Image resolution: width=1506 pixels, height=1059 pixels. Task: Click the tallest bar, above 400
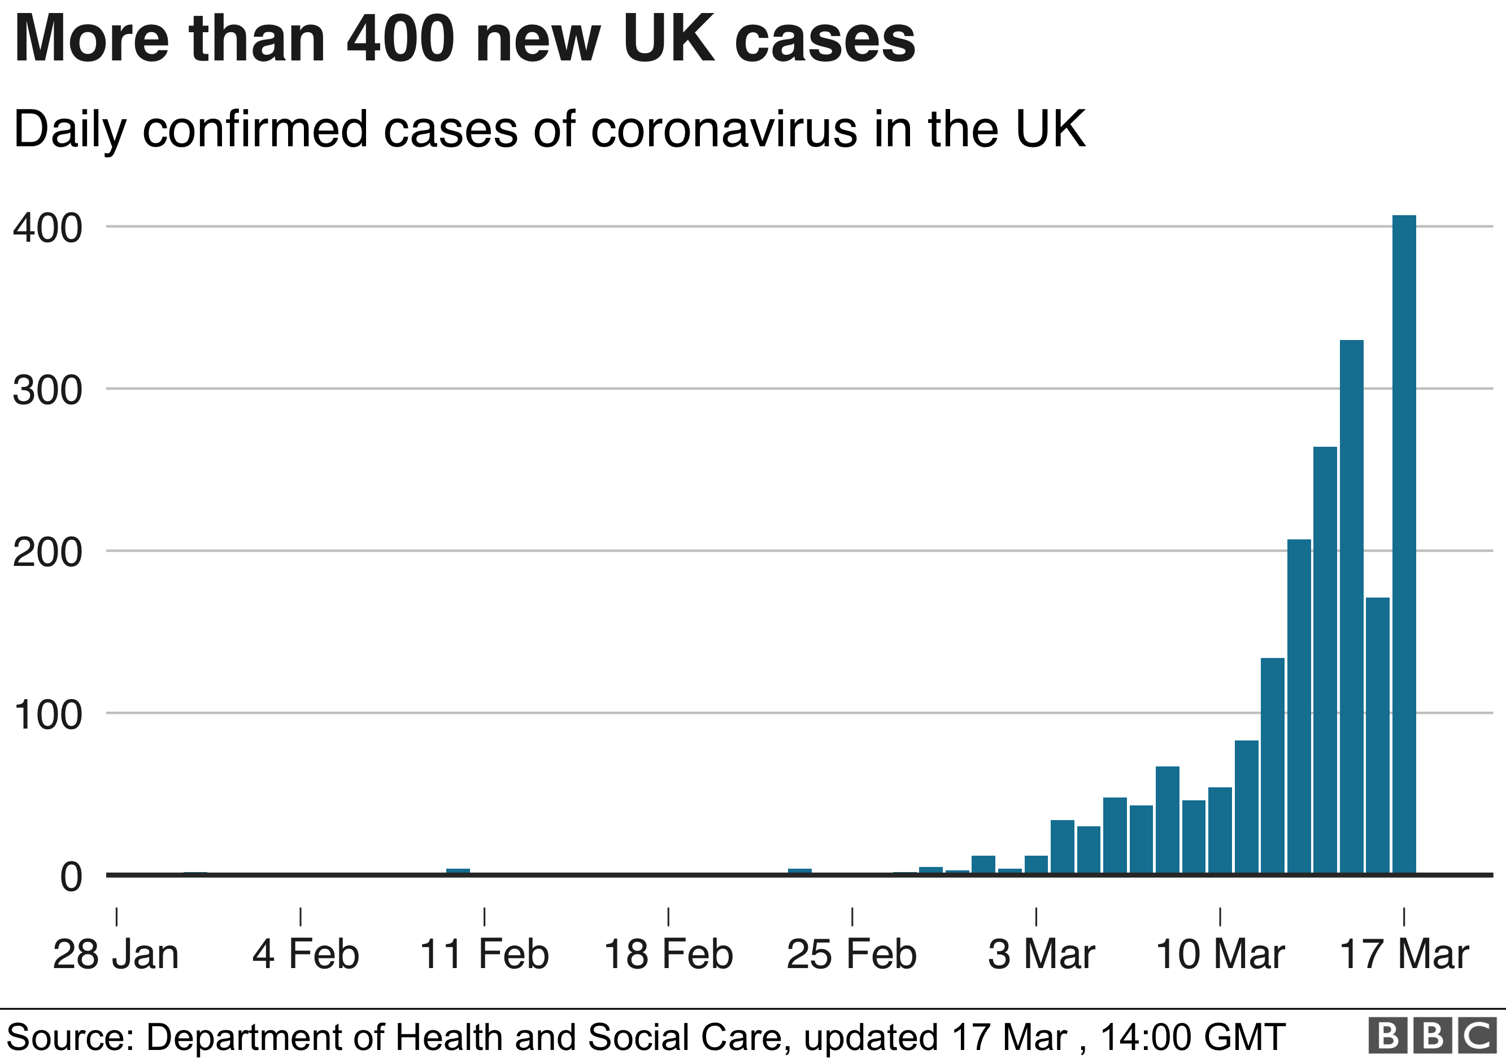[x=1404, y=544]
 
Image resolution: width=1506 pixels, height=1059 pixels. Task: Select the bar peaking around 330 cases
[x=1351, y=607]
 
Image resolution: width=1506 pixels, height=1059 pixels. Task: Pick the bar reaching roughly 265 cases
[x=1325, y=660]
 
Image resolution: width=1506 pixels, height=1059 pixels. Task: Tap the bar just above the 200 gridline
[x=1299, y=706]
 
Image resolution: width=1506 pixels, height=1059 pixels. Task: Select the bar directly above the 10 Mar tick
[x=1220, y=830]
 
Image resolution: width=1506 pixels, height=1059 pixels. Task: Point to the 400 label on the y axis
[x=47, y=228]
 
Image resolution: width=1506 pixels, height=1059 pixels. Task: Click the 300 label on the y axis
[x=47, y=390]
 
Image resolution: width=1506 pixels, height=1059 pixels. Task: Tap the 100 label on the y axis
[x=47, y=714]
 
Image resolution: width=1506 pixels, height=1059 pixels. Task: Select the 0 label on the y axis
[x=71, y=877]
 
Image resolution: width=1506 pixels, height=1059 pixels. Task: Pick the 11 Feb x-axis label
[x=484, y=954]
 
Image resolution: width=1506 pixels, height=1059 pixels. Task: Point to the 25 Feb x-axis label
[x=851, y=954]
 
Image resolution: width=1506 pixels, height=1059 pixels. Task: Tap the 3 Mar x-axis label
[x=1042, y=954]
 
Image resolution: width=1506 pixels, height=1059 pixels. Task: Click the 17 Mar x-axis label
[x=1404, y=954]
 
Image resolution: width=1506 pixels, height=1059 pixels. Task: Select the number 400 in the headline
[x=401, y=40]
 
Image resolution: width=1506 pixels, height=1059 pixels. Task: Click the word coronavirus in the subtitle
[x=724, y=129]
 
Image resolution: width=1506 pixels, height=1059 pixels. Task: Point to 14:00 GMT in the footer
[x=1192, y=1038]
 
